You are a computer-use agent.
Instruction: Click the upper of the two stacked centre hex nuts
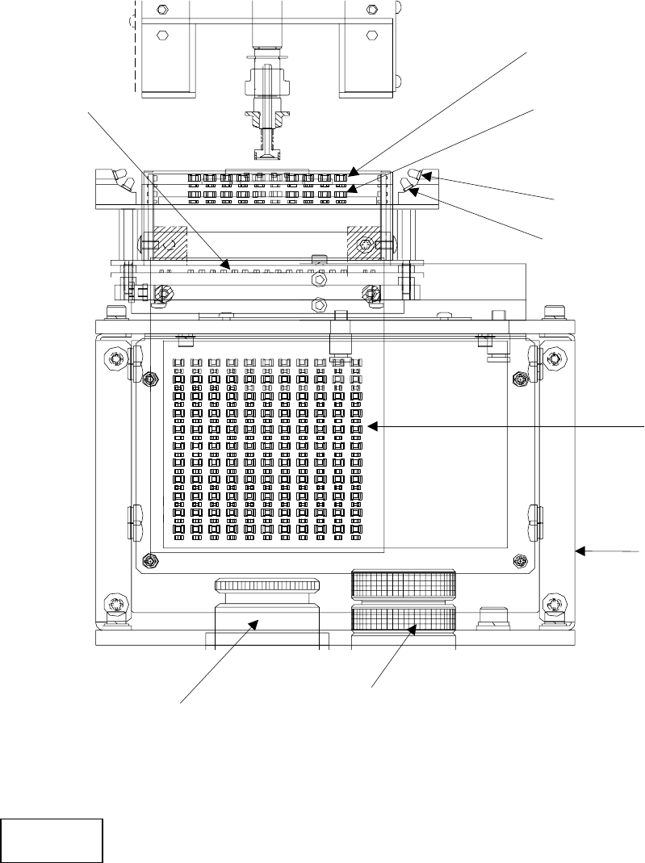point(320,279)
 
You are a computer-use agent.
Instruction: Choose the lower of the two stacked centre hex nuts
point(320,305)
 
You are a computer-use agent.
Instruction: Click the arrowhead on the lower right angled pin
point(413,191)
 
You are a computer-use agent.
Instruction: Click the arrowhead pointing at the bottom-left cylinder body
point(255,623)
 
